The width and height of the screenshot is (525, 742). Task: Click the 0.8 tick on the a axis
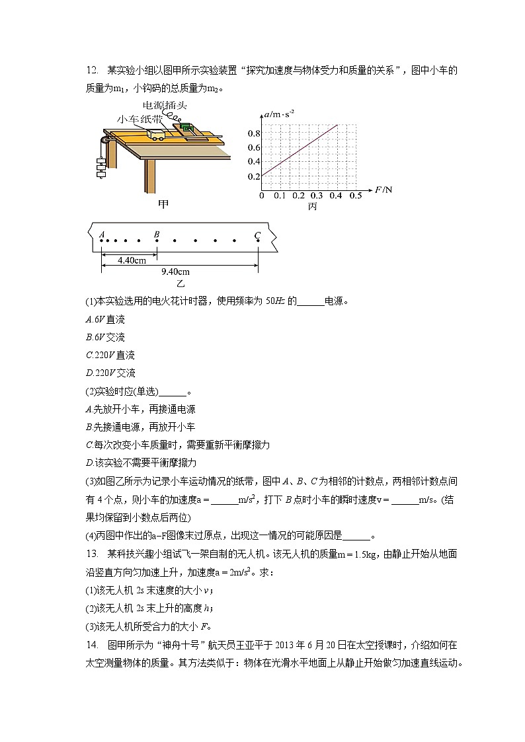(255, 133)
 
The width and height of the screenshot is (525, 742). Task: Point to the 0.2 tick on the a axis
(255, 176)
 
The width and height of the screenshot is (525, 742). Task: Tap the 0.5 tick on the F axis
(356, 196)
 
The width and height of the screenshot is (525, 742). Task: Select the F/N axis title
(384, 190)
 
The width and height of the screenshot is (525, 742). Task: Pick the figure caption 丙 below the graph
(312, 207)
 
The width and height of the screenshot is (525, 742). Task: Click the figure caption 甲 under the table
(163, 204)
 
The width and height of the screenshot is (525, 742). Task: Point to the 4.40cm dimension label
(132, 260)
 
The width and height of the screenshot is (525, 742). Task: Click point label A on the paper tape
(102, 234)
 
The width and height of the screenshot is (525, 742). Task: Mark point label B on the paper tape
(157, 234)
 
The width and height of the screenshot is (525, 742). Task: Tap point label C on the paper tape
(258, 234)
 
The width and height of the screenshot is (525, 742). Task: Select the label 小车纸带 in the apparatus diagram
(139, 119)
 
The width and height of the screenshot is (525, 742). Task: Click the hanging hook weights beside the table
(100, 165)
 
